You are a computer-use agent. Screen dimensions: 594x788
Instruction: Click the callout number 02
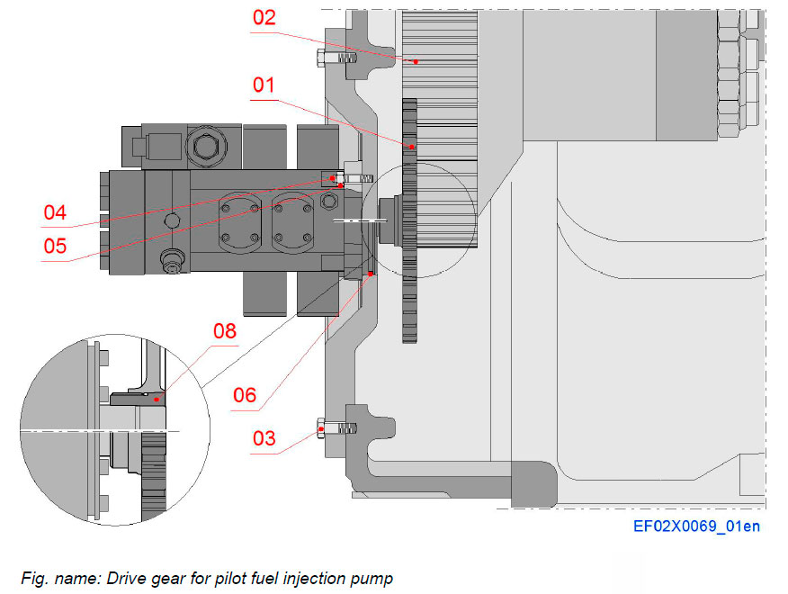point(264,17)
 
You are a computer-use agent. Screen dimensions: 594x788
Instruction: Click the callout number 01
point(264,85)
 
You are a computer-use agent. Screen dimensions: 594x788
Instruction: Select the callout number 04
point(56,213)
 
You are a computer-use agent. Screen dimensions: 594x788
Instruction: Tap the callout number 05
point(56,245)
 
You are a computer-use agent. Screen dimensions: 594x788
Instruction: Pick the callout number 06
point(245,395)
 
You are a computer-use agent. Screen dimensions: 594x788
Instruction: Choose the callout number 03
point(264,438)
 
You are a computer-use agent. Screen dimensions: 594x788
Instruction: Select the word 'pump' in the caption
point(373,578)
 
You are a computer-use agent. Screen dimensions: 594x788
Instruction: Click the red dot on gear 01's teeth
point(411,146)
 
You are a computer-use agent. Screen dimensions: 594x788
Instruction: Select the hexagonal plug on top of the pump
point(200,145)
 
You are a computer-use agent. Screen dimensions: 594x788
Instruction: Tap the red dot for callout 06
point(370,273)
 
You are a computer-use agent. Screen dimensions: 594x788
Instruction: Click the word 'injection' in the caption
point(317,578)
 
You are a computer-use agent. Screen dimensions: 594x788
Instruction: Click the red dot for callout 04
point(333,177)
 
